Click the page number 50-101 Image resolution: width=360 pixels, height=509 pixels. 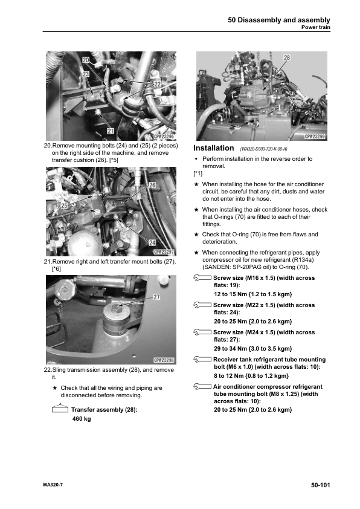click(320, 485)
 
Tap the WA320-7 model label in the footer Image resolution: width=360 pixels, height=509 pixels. click(53, 485)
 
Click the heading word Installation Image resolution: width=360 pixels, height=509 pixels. click(213, 148)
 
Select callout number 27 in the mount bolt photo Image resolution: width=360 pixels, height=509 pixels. click(156, 297)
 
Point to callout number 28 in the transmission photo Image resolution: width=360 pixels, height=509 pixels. click(287, 57)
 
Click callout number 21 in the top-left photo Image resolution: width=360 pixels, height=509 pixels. click(111, 131)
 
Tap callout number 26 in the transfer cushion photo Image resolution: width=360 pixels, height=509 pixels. click(152, 185)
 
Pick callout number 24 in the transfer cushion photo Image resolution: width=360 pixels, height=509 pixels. click(152, 242)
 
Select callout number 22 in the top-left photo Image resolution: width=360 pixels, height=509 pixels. click(157, 84)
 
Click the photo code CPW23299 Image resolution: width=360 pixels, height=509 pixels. click(315, 137)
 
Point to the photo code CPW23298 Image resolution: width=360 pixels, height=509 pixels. click(164, 360)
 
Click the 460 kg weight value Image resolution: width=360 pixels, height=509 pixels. click(82, 419)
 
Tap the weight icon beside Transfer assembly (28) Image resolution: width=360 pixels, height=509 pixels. click(60, 408)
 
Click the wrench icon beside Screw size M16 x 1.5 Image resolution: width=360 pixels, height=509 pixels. click(202, 278)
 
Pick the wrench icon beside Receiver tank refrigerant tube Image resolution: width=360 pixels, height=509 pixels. click(202, 359)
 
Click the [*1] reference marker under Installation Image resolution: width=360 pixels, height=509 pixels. click(198, 173)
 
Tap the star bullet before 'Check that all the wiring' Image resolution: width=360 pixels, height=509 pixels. click(55, 387)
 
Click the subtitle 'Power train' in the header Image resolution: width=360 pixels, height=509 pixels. click(315, 27)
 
